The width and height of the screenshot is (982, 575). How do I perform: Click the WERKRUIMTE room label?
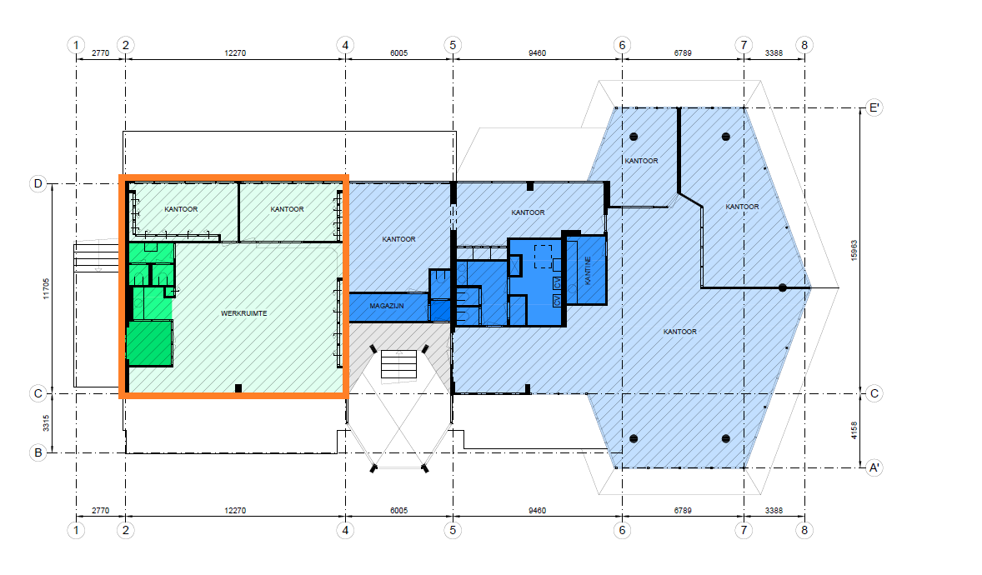coord(243,313)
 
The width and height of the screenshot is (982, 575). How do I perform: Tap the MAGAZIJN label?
coord(387,306)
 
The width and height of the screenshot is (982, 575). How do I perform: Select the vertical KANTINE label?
coord(588,271)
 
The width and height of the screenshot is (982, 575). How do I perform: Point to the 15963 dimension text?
coord(854,251)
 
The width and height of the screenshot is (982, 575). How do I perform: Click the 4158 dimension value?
coord(854,430)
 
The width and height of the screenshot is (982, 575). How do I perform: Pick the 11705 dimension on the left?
coord(46,289)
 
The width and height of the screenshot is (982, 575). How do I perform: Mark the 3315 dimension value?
coord(46,422)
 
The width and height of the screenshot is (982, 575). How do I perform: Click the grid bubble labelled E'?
coord(874,107)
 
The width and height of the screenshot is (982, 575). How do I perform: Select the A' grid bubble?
coord(874,467)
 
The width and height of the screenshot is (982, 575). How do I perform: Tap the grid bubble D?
coord(38,183)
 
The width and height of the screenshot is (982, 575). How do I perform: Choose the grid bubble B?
coord(38,452)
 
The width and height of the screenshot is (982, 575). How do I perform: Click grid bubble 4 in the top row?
coord(345,45)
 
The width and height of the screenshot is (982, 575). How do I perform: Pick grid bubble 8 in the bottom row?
coord(804,530)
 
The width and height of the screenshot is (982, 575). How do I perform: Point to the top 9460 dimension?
coord(537,53)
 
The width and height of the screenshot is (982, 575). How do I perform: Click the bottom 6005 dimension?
coord(399,511)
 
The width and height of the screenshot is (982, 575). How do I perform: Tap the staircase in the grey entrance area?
coord(399,364)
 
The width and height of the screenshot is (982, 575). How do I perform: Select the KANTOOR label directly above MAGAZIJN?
coord(399,239)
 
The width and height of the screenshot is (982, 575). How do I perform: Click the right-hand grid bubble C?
coord(874,393)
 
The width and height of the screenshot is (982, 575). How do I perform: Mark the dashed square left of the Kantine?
coord(543,256)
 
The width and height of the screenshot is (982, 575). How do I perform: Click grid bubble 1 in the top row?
coord(76,45)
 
